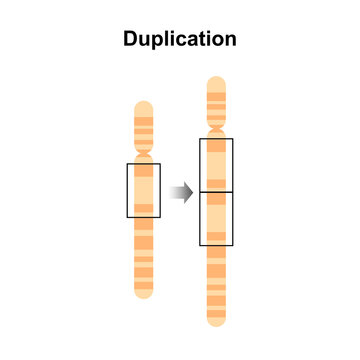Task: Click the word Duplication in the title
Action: pos(180,40)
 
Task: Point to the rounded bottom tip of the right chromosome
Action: pos(216,322)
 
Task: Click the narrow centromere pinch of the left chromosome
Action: pos(144,156)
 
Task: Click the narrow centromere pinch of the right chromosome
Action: pos(216,132)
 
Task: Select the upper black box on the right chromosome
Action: pos(216,165)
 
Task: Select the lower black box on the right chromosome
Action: pos(216,218)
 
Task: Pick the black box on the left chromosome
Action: pos(144,190)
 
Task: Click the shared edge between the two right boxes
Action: pos(216,191)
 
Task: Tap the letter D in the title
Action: pos(131,40)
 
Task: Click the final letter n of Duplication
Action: pos(230,40)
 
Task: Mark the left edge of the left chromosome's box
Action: pos(127,190)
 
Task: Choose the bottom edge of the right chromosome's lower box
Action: pos(216,245)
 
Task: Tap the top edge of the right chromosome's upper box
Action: pos(216,139)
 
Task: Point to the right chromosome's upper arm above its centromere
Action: pos(216,104)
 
